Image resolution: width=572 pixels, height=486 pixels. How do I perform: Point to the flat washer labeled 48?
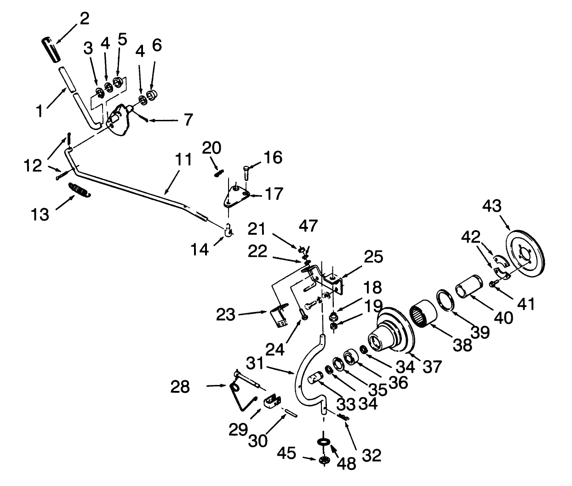point(324,441)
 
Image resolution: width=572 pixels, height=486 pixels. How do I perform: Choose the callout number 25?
point(373,257)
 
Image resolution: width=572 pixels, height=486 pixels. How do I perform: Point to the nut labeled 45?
point(324,460)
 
